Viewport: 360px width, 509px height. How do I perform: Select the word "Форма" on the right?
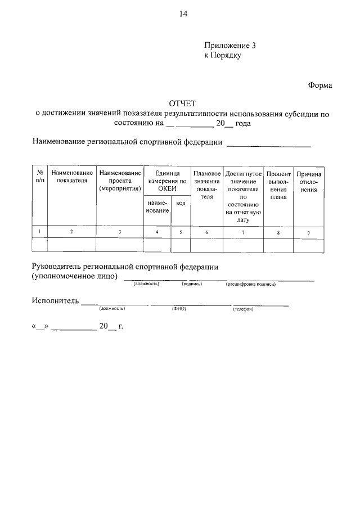(x=320, y=85)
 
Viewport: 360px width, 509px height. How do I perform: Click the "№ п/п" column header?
(x=39, y=177)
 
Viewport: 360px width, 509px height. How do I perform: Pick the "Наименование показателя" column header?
(x=71, y=177)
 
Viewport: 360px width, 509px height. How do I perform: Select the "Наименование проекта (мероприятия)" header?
(x=120, y=181)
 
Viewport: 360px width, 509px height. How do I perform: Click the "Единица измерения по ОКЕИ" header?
(x=167, y=181)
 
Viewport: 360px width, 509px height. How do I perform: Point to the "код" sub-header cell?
(x=181, y=203)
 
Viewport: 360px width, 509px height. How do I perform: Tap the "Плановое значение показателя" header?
(x=206, y=185)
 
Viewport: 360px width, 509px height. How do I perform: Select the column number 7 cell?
(x=243, y=232)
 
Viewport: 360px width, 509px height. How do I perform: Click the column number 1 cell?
(x=39, y=232)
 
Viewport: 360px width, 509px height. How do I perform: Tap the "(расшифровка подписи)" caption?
(x=251, y=284)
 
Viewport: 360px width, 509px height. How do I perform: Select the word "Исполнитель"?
(x=55, y=301)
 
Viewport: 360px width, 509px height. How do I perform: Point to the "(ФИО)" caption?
(x=179, y=309)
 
